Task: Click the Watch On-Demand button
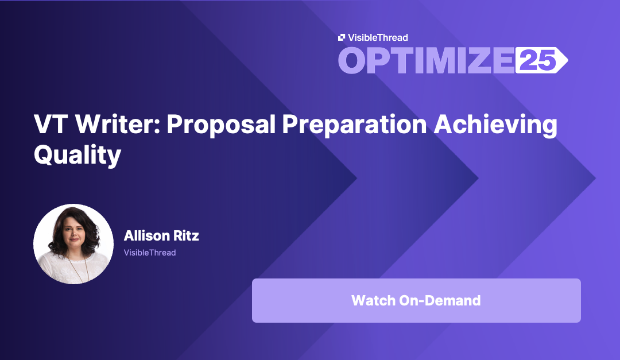(416, 300)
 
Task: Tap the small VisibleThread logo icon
(342, 38)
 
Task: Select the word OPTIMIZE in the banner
(425, 60)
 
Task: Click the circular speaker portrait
(73, 244)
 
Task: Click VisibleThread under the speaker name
(150, 253)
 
